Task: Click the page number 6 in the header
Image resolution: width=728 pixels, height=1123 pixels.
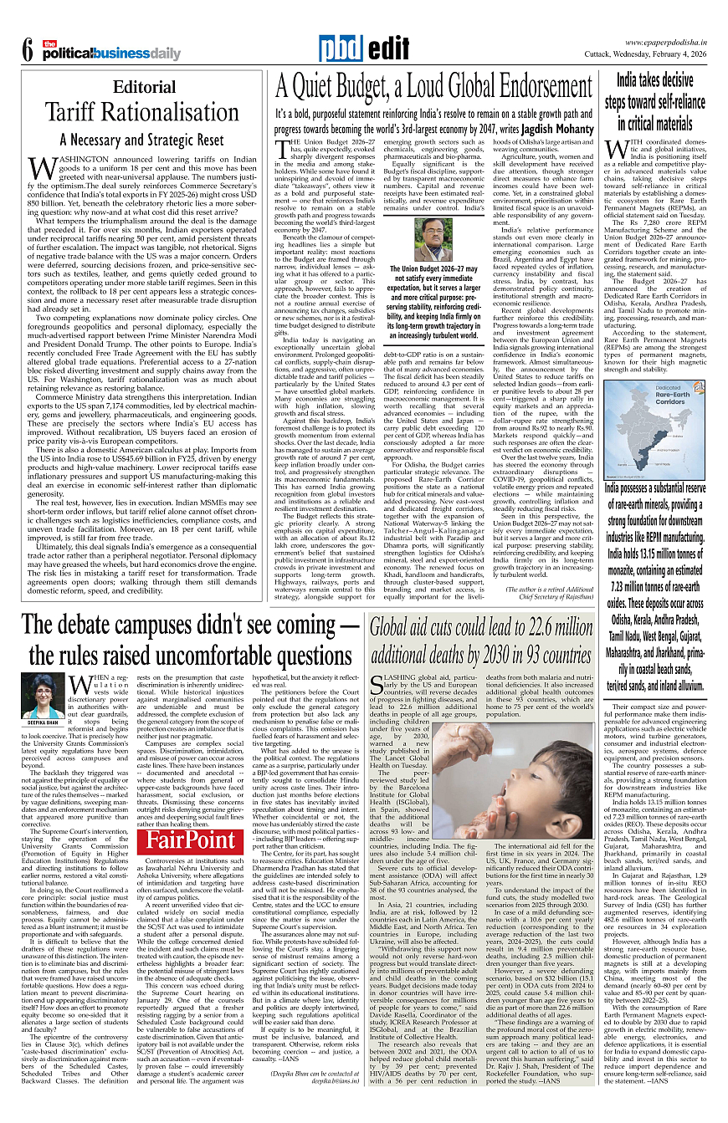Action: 27,51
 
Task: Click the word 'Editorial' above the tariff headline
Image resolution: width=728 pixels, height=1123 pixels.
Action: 145,87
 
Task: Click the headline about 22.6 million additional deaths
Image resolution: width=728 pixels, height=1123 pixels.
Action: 480,641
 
